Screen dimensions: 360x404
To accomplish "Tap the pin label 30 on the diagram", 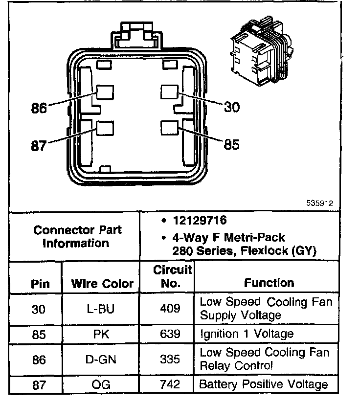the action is pyautogui.click(x=232, y=107).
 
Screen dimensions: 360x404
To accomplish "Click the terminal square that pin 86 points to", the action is pyautogui.click(x=105, y=92).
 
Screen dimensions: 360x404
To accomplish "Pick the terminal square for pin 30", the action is pyautogui.click(x=169, y=91).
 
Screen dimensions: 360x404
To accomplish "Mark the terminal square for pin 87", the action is pyautogui.click(x=105, y=128).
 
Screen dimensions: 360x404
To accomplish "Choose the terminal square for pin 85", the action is pyautogui.click(x=169, y=127).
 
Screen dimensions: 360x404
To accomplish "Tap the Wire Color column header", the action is pyautogui.click(x=102, y=284).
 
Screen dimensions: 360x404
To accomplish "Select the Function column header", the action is pyautogui.click(x=269, y=283).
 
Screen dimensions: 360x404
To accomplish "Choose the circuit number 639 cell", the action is pyautogui.click(x=169, y=335).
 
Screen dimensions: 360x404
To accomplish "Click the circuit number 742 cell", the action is pyautogui.click(x=169, y=385).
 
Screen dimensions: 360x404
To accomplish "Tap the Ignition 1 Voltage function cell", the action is pyautogui.click(x=247, y=335).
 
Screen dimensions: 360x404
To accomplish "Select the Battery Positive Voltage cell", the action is pyautogui.click(x=263, y=385).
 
